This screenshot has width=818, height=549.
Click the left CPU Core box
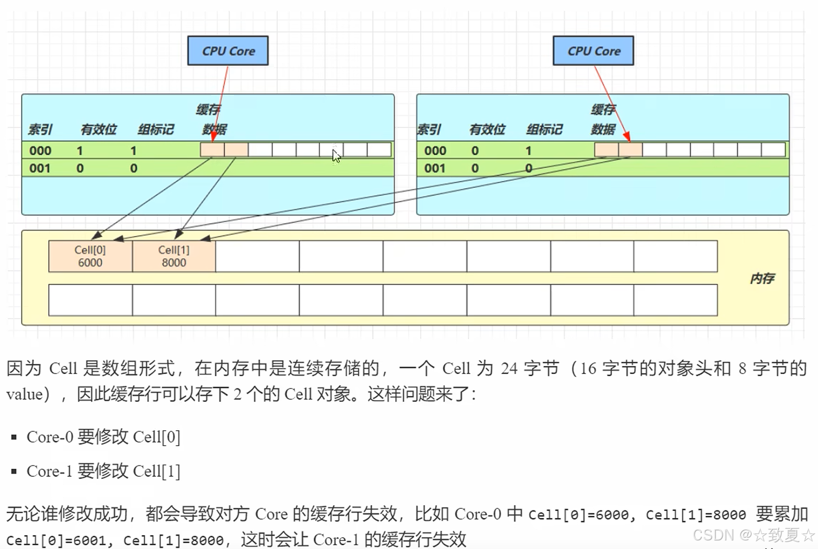(x=228, y=51)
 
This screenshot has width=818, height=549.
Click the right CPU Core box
(x=593, y=51)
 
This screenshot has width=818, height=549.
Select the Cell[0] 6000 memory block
(x=90, y=256)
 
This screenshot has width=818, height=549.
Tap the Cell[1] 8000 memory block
(x=174, y=256)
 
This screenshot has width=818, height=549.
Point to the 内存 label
(x=762, y=278)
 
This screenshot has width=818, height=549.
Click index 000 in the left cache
(x=40, y=151)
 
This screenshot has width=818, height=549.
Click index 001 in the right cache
(x=435, y=169)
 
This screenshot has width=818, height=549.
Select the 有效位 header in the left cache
(x=99, y=129)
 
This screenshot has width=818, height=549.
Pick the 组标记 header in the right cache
(x=544, y=129)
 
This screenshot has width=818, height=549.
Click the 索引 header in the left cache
(x=40, y=129)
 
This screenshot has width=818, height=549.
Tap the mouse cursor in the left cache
(x=336, y=156)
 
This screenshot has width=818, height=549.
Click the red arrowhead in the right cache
(x=627, y=137)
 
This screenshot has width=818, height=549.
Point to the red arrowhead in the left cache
(x=213, y=138)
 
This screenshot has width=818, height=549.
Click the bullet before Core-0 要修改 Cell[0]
(x=14, y=438)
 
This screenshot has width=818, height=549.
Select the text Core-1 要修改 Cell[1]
(x=103, y=471)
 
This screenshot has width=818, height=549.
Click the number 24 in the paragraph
(x=509, y=369)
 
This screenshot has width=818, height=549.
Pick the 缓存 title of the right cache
(x=603, y=110)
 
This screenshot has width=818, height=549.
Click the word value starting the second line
(x=25, y=394)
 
